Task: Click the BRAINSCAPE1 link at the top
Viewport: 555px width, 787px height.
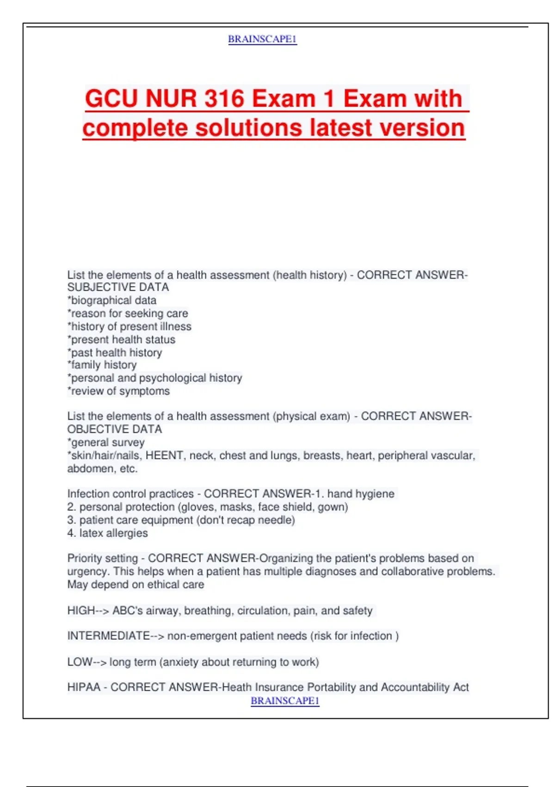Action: (262, 39)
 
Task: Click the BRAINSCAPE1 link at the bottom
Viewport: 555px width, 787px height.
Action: (285, 701)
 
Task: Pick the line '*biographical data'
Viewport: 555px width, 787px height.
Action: (112, 300)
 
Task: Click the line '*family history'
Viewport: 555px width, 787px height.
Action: (102, 365)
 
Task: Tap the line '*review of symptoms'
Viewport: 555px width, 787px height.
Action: (119, 391)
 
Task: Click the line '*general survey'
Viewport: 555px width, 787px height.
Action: (106, 443)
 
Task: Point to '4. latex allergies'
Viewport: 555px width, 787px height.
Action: (107, 533)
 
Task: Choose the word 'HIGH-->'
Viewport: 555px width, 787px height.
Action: (88, 611)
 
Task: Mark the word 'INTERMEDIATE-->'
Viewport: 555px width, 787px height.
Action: (115, 636)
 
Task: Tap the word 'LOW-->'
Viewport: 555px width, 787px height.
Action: (87, 662)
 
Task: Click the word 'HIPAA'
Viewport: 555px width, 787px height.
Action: (84, 687)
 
